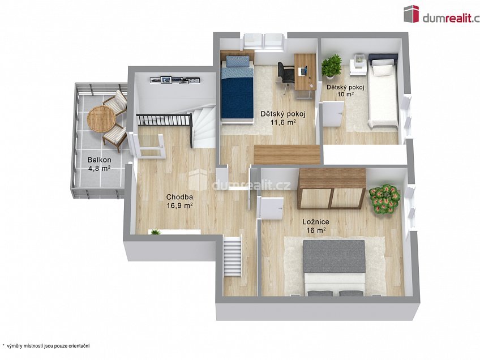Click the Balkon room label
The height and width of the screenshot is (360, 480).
[99, 164]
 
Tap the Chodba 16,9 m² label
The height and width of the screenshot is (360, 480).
[179, 201]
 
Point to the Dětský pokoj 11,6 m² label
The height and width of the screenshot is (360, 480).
[283, 118]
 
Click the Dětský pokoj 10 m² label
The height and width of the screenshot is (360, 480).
[345, 91]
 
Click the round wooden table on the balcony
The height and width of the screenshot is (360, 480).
[101, 119]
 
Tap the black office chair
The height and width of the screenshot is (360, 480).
[285, 74]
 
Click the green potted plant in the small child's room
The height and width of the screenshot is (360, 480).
[331, 66]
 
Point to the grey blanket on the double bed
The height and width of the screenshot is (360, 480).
[335, 256]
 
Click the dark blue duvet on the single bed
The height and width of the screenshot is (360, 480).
[237, 97]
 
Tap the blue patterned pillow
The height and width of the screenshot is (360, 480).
[237, 61]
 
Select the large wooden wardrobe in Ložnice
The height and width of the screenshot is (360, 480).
[332, 188]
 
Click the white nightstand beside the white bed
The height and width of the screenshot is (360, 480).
[358, 66]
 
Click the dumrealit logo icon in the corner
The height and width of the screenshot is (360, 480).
[412, 14]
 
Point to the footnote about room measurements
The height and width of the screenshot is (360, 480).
[46, 346]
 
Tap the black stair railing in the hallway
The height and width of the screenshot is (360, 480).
[164, 119]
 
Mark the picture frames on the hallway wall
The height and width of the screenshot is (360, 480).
[175, 80]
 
